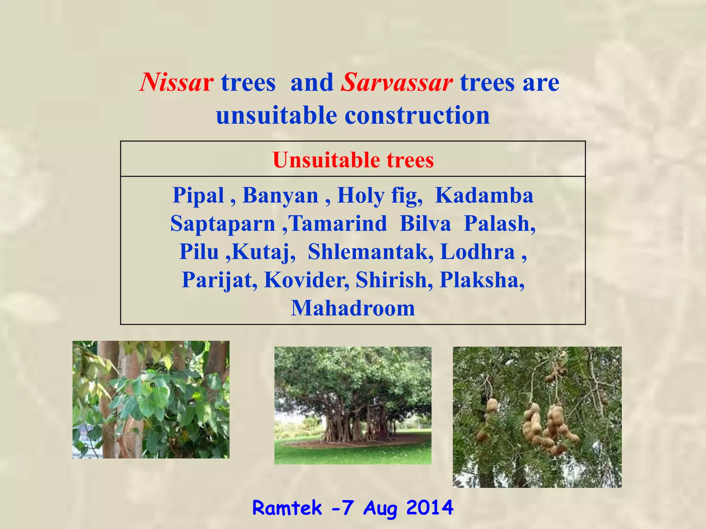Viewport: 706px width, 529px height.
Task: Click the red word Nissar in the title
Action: tap(176, 83)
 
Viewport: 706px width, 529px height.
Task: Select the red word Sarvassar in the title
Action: tap(396, 83)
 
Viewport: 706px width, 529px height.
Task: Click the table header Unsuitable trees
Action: tap(353, 160)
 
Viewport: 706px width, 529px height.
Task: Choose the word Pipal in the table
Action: tap(198, 196)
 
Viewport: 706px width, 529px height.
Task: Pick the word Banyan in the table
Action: tap(280, 196)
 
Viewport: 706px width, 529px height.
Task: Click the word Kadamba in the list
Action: tap(484, 196)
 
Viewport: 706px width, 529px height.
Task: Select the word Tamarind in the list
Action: tap(338, 224)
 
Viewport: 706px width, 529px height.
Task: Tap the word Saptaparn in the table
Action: tap(223, 224)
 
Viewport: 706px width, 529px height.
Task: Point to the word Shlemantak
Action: tap(371, 252)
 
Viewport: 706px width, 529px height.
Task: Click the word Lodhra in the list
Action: tap(477, 252)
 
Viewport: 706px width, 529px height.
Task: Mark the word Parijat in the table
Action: tap(219, 280)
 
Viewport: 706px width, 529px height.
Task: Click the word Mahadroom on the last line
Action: tap(353, 308)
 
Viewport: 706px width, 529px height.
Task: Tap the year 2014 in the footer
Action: tap(430, 508)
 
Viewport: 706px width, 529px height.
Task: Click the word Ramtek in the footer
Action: tap(287, 508)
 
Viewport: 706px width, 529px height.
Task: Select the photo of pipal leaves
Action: tap(151, 400)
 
